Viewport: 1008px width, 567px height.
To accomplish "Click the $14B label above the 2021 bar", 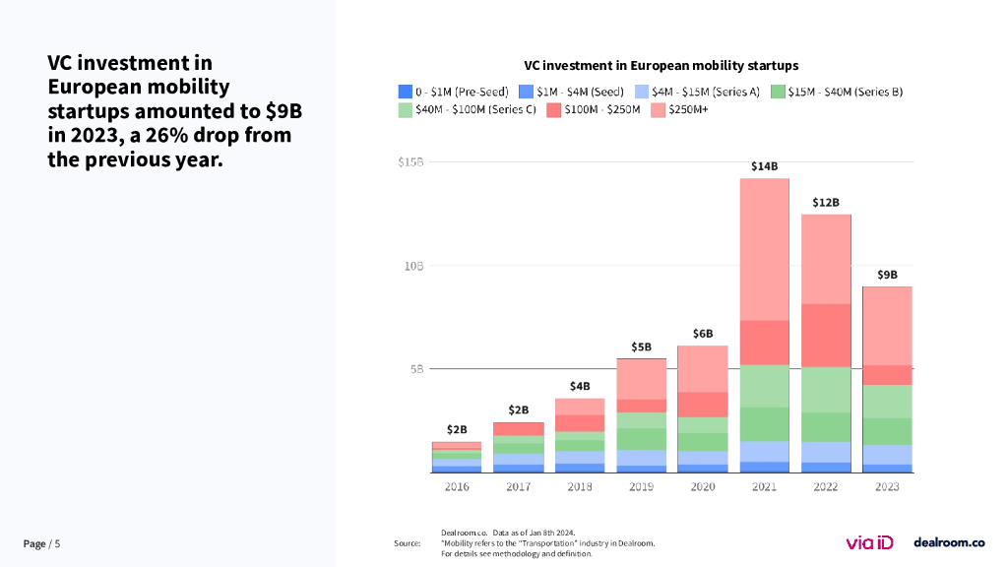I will tap(764, 166).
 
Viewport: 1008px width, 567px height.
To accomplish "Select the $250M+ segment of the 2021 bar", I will tap(764, 249).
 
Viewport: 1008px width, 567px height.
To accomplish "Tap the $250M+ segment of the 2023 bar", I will tap(887, 325).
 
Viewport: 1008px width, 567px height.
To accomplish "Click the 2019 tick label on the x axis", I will tap(641, 486).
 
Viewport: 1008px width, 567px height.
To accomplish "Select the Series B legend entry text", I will tap(845, 92).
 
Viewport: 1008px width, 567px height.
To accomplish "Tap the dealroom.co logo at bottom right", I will tap(949, 541).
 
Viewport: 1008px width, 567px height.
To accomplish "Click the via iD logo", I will tap(869, 541).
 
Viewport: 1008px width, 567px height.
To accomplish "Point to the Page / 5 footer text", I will tap(41, 543).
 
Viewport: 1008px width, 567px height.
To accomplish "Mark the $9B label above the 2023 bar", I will tap(887, 275).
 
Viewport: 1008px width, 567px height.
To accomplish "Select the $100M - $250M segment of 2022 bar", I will tap(826, 335).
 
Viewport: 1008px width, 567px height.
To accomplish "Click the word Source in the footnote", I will tap(407, 543).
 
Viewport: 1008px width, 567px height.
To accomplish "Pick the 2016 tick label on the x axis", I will tap(457, 486).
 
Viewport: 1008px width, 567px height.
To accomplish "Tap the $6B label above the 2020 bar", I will tap(702, 334).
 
